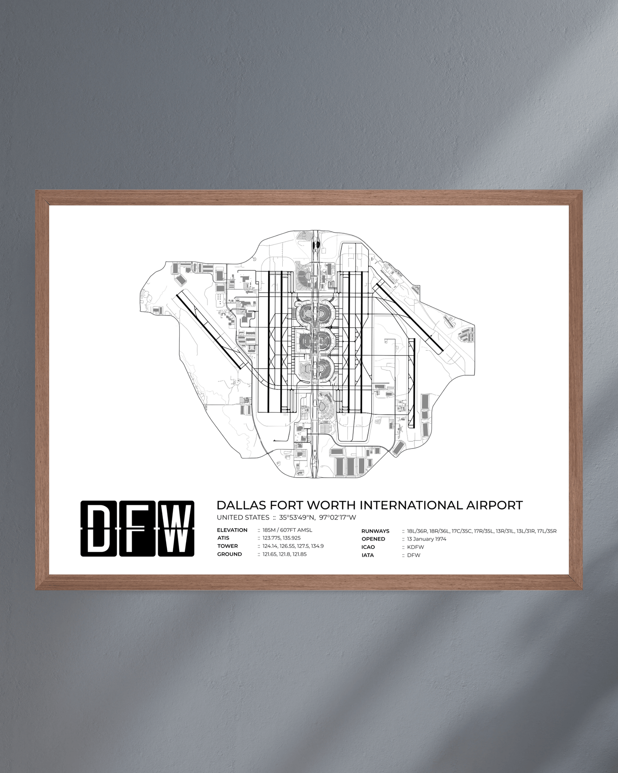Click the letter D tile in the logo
[x=99, y=529]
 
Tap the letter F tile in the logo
[x=137, y=529]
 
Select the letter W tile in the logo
[x=176, y=529]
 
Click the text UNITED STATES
[x=243, y=517]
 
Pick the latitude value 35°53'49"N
[x=297, y=517]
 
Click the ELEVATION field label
[x=232, y=530]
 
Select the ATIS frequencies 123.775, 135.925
[x=282, y=538]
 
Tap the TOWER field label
[x=228, y=546]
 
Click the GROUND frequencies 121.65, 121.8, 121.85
[x=284, y=554]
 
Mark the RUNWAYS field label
[x=376, y=531]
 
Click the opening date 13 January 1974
[x=427, y=539]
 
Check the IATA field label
[x=368, y=555]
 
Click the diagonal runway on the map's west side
[x=210, y=329]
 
